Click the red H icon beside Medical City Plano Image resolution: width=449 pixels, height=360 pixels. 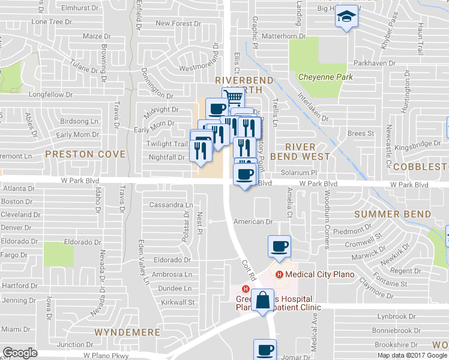tap(279, 275)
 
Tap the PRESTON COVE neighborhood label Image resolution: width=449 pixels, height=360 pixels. tap(85, 154)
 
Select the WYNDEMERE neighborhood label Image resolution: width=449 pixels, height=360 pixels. tap(127, 332)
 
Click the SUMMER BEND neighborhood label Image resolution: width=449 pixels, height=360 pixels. tap(401, 214)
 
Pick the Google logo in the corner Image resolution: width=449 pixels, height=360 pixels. tap(20, 353)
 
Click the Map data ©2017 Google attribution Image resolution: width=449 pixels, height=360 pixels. tap(412, 355)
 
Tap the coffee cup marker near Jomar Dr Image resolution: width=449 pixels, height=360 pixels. tap(264, 350)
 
